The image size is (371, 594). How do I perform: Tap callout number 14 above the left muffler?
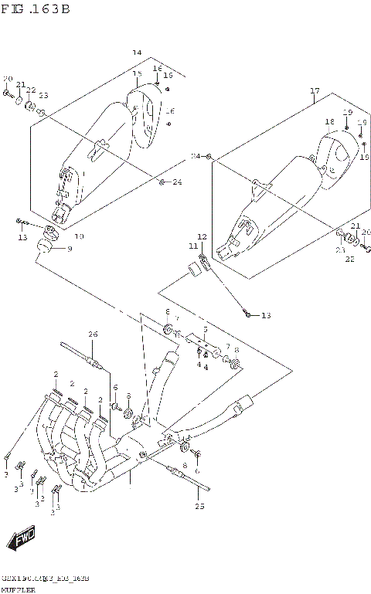coord(137,53)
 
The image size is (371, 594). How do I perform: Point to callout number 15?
coord(138,74)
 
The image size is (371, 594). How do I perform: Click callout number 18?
coord(329,122)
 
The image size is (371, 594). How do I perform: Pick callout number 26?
coord(93,334)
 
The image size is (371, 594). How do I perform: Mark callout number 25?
coord(201,507)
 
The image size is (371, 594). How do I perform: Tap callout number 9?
coord(69,249)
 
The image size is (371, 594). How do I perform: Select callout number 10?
coord(79,236)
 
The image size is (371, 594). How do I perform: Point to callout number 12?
coord(202,236)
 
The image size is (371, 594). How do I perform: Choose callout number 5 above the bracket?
coord(205,330)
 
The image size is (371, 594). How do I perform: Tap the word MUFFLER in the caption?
coord(19,589)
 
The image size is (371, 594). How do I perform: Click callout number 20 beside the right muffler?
coord(366,233)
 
